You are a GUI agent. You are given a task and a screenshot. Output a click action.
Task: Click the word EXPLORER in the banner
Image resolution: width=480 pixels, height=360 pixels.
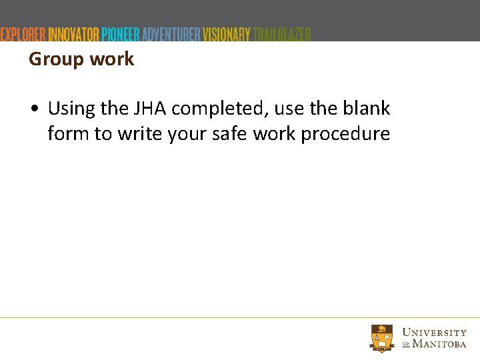coord(23,34)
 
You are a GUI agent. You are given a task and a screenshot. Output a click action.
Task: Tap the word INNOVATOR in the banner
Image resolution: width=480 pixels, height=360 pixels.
coord(73,34)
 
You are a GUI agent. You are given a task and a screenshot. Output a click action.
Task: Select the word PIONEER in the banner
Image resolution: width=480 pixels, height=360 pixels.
coord(121,34)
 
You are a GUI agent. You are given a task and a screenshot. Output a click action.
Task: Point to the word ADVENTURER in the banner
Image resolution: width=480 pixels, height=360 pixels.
coord(171,34)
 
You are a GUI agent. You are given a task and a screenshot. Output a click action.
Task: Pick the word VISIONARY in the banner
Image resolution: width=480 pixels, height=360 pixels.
coord(227,34)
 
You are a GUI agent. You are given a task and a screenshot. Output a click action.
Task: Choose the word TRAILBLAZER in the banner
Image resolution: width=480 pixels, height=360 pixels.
coord(282,34)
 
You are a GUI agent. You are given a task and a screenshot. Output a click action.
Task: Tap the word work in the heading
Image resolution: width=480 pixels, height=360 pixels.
coord(111,59)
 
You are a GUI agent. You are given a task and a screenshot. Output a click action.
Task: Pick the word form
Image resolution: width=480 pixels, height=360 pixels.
coord(68,133)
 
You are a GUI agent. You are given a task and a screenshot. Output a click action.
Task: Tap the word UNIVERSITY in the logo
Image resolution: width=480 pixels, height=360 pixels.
coord(435,332)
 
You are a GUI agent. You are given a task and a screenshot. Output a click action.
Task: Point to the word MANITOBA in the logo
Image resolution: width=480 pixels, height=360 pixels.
coord(439,344)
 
